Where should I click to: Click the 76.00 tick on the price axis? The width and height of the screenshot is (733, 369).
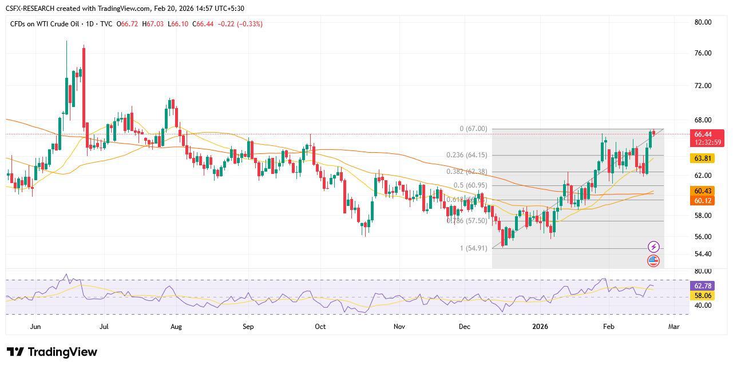coord(702,53)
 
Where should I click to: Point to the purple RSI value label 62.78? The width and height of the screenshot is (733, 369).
coord(702,285)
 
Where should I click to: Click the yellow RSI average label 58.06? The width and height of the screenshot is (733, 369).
coord(702,295)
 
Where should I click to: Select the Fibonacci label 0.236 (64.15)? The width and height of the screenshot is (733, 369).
coord(466,155)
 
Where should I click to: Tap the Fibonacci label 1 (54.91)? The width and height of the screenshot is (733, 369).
coord(473,248)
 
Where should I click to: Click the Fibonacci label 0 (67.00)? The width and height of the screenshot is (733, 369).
coord(473,129)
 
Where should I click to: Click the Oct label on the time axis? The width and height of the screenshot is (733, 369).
coord(320,327)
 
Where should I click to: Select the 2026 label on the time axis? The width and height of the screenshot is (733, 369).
coord(540,327)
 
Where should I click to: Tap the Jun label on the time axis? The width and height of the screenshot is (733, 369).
coord(35,327)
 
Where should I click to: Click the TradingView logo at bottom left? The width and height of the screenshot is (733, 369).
coord(52,352)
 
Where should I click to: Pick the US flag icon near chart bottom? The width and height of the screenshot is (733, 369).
coord(653,261)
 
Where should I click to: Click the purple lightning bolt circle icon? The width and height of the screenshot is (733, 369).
coord(653,247)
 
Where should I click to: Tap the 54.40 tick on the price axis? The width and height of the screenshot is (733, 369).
coord(702,254)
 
